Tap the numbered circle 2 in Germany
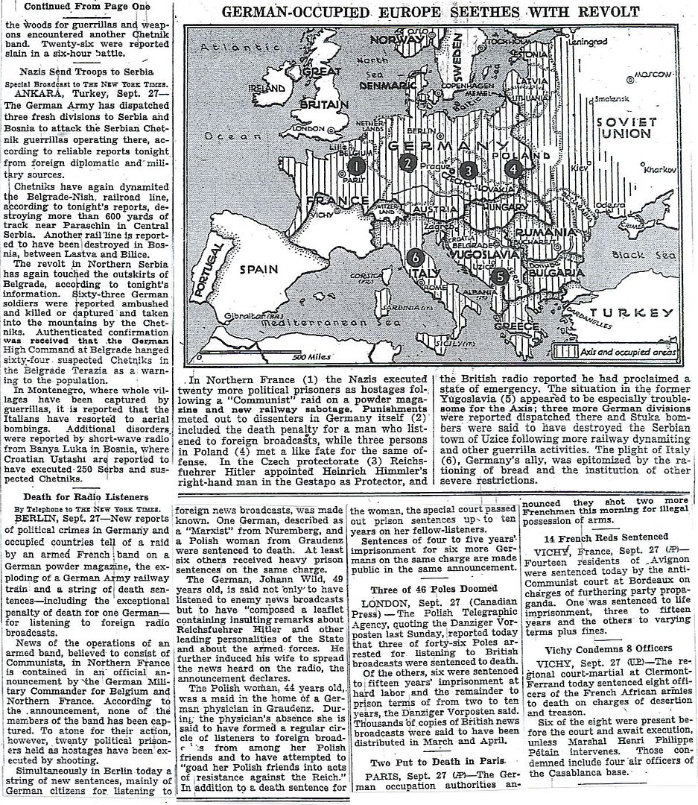[x=407, y=163]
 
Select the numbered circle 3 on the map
[x=467, y=170]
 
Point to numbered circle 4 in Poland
[x=513, y=168]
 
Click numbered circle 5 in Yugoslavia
[x=499, y=276]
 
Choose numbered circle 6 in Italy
[x=416, y=258]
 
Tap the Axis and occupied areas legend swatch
[x=562, y=349]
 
